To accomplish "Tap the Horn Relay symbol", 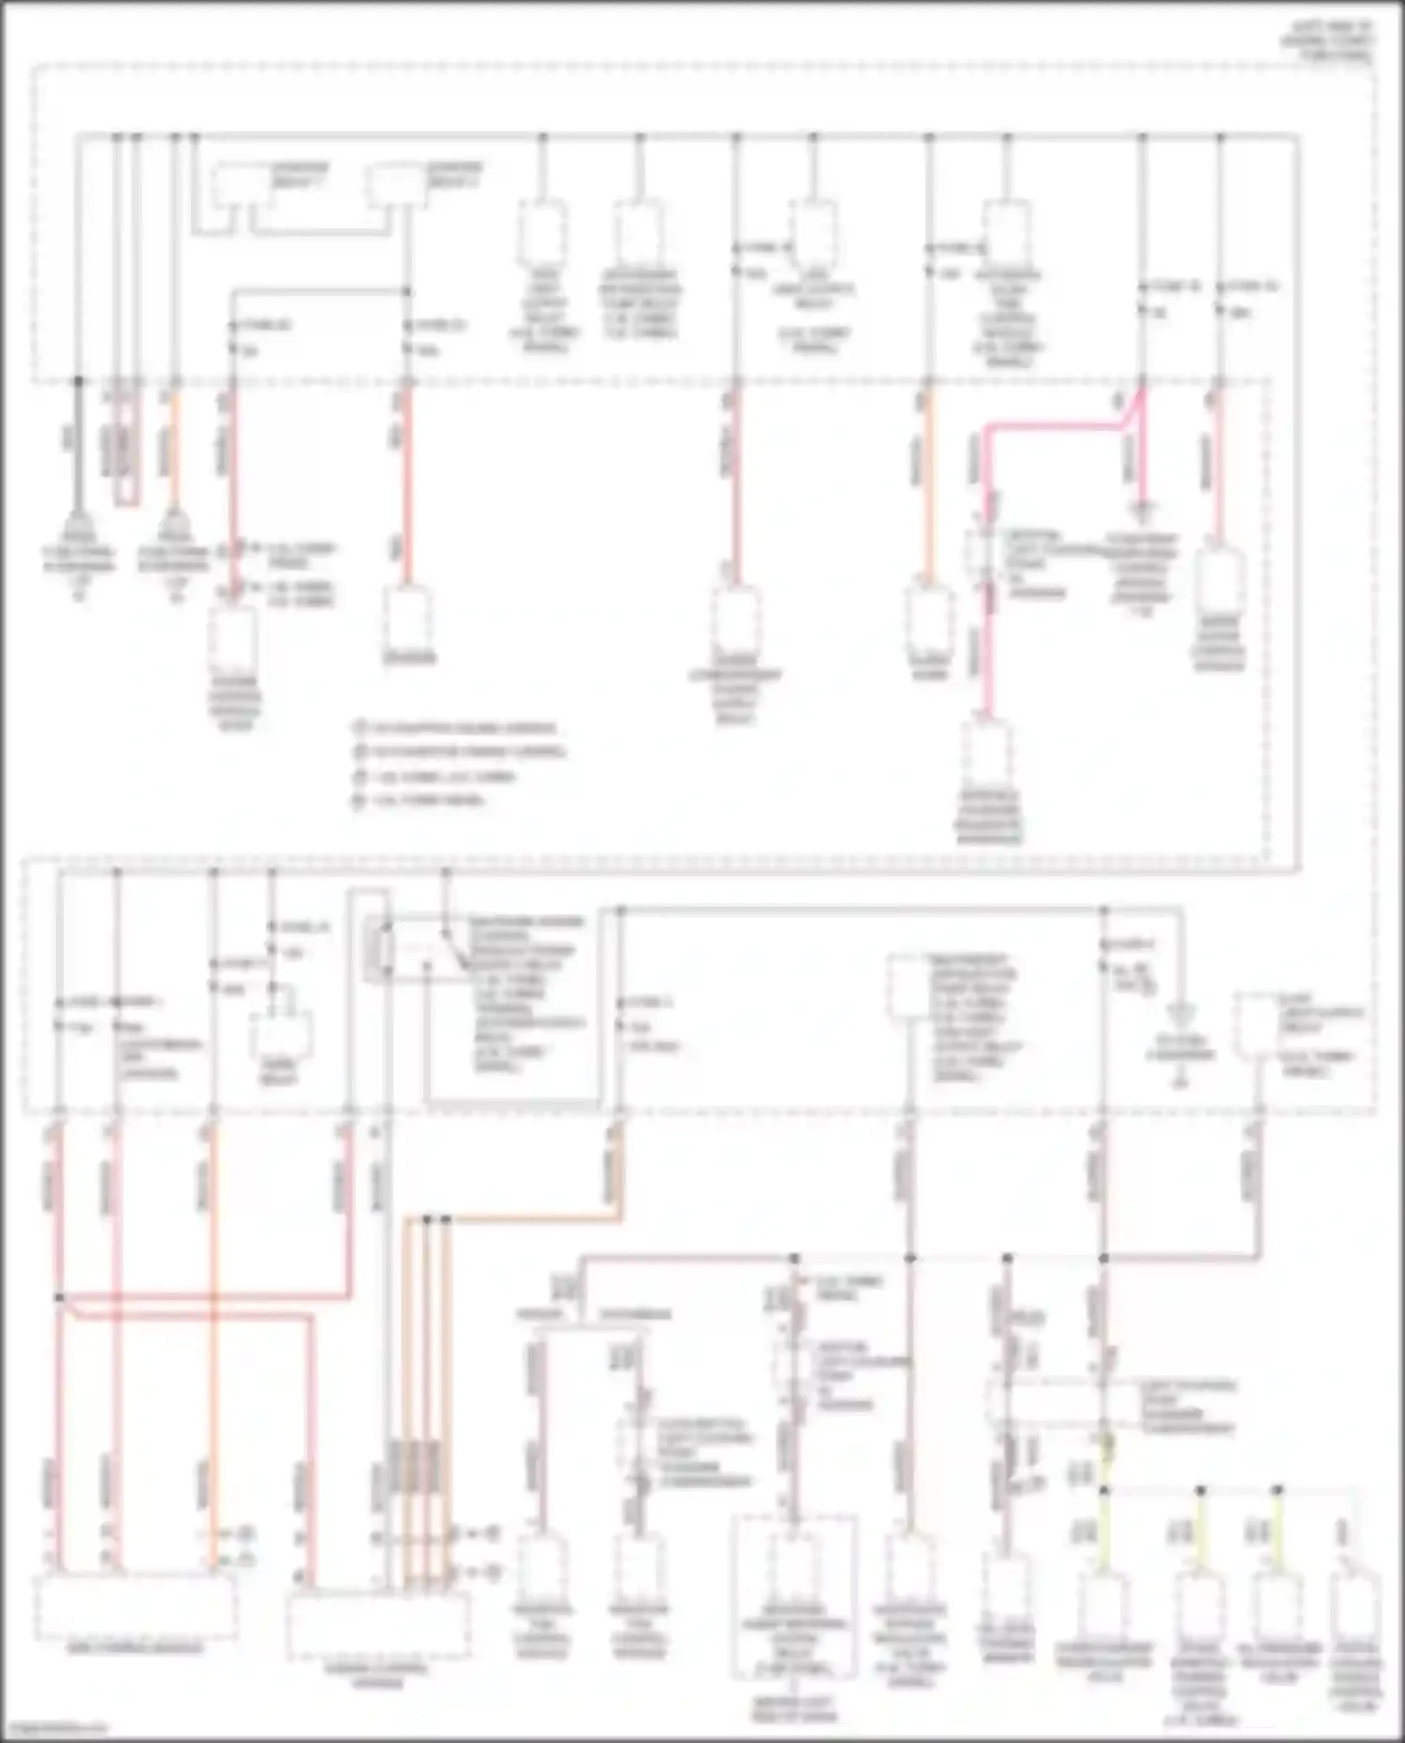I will click(x=278, y=1035).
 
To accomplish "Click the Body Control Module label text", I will click(x=135, y=1647).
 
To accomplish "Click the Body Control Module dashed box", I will click(x=135, y=1607).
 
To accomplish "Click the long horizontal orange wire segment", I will click(x=525, y=1219).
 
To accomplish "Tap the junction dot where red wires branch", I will click(x=59, y=1298).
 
